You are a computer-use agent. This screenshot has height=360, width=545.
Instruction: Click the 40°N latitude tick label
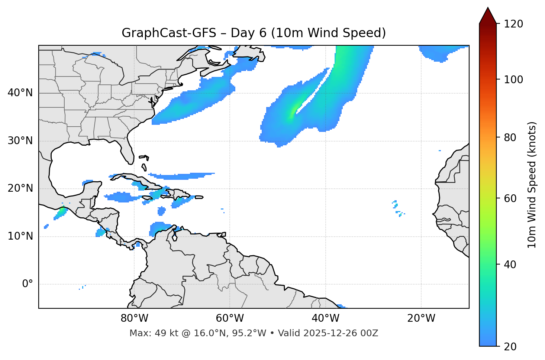[x=20, y=93]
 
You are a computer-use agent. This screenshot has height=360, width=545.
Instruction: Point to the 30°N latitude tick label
[x=20, y=141]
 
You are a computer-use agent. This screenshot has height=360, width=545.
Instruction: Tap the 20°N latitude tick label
[x=20, y=189]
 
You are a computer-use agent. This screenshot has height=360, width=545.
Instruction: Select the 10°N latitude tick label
[x=20, y=236]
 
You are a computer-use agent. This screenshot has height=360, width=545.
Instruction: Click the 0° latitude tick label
[x=27, y=284]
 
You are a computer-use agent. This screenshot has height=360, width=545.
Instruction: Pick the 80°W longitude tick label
[x=134, y=318]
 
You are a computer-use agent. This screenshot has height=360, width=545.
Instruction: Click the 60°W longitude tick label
[x=230, y=318]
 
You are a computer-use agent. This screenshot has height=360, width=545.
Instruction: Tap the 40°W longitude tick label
[x=326, y=318]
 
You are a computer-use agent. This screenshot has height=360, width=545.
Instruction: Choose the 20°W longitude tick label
[x=421, y=318]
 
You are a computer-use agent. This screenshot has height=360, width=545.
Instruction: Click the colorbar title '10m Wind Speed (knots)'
[x=532, y=185]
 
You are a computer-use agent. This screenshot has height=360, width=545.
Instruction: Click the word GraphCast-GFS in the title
[x=169, y=33]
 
